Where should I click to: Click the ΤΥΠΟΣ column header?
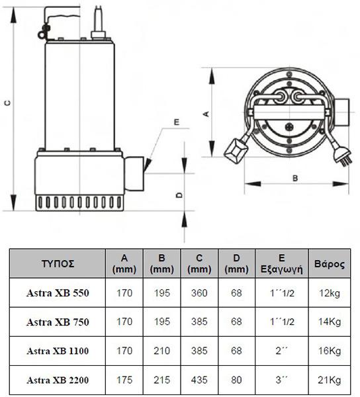click(x=58, y=264)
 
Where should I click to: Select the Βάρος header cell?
click(x=330, y=264)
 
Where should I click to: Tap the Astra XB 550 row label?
click(x=58, y=293)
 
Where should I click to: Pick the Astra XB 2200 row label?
click(x=58, y=380)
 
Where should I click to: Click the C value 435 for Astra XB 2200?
click(x=199, y=380)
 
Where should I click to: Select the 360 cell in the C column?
click(x=199, y=293)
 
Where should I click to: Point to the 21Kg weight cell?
click(x=330, y=380)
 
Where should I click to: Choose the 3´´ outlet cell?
click(x=281, y=380)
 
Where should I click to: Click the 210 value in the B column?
click(x=161, y=351)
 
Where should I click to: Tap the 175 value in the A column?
click(x=124, y=380)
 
